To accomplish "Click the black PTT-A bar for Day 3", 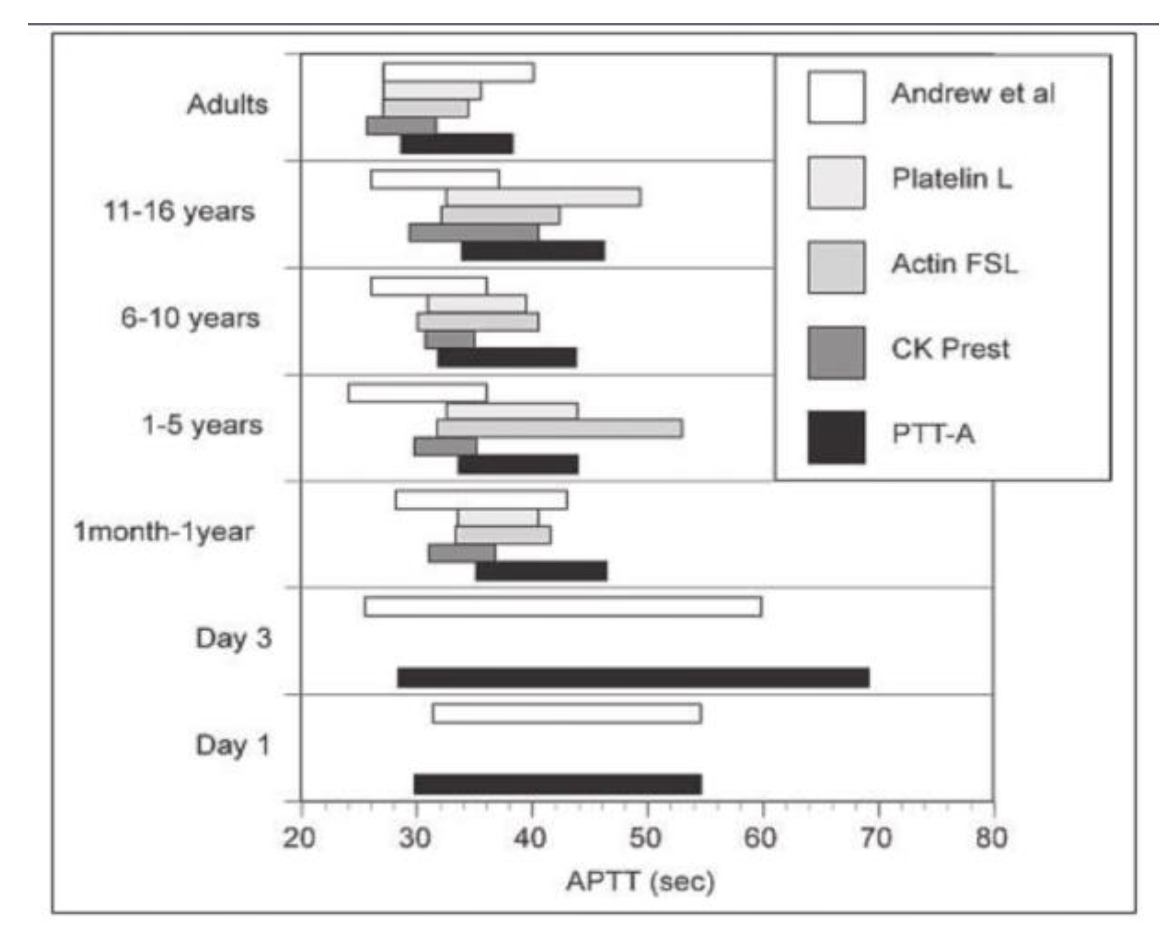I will [633, 678].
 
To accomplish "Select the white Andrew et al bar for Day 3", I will [563, 607].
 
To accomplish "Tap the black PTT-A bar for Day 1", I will [558, 784].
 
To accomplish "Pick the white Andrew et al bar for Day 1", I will [567, 714].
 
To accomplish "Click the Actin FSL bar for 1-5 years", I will [560, 428].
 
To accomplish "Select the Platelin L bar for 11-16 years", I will [544, 197].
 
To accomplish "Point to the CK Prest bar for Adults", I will [401, 126].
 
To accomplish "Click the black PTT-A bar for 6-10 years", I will [507, 357].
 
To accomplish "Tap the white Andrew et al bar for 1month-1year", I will [481, 500].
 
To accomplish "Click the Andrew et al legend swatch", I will [836, 97].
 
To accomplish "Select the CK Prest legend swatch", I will [836, 353].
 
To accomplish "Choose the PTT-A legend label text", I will [933, 434].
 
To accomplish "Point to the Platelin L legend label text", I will [952, 179].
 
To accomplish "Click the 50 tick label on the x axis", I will [645, 837].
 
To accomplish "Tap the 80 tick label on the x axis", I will [991, 837].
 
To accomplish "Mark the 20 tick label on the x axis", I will [299, 837].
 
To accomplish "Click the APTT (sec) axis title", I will [640, 882].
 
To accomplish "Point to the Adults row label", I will [228, 105].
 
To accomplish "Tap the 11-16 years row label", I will [179, 211].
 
